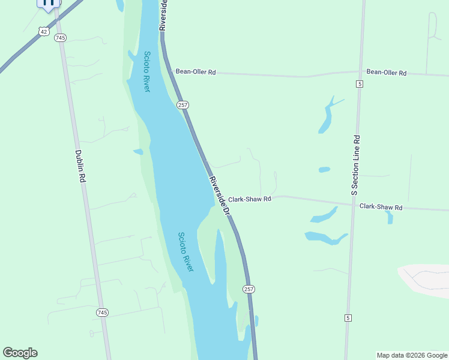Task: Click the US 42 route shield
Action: [x=43, y=31]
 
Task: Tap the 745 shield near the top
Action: [x=60, y=38]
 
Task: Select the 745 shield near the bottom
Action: [x=102, y=313]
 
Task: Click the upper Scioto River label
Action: [x=147, y=71]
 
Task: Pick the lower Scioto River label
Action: [x=186, y=252]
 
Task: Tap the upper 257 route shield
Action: [x=183, y=105]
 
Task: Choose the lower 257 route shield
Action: [x=249, y=289]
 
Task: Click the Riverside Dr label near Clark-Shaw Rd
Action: [x=220, y=196]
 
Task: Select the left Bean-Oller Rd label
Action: [x=195, y=72]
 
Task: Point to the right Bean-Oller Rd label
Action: [x=387, y=73]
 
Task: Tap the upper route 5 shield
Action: [x=359, y=83]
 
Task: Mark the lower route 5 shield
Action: [x=348, y=317]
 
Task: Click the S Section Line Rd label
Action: [x=355, y=165]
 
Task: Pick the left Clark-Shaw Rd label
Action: [x=250, y=199]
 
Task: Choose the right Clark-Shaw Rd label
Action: [x=381, y=207]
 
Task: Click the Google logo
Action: [x=20, y=353]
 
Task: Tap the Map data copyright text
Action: [x=411, y=355]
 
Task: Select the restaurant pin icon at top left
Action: [x=48, y=3]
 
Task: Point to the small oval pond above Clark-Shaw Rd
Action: [x=324, y=170]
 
